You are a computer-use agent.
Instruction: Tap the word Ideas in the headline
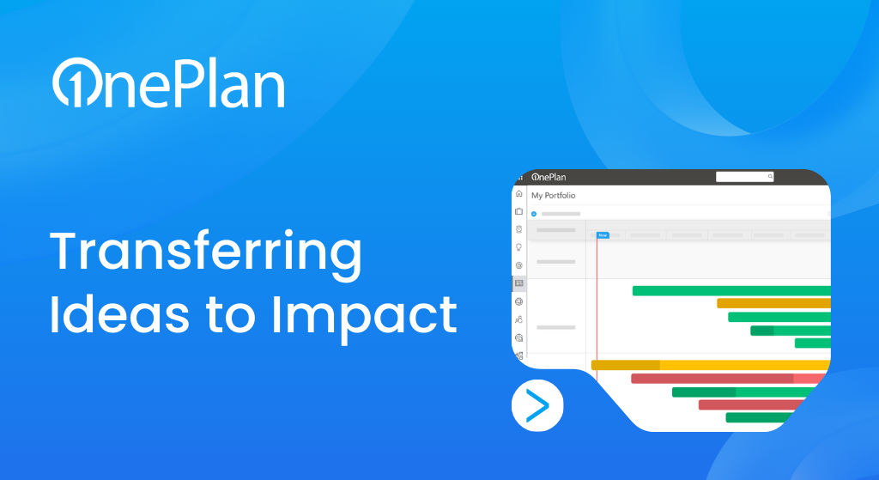pyautogui.click(x=120, y=314)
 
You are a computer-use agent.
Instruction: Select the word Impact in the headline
pyautogui.click(x=364, y=318)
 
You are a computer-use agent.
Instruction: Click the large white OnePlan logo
pyautogui.click(x=169, y=82)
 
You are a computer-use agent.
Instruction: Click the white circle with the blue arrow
pyautogui.click(x=537, y=405)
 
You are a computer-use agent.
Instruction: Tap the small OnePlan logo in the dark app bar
pyautogui.click(x=549, y=177)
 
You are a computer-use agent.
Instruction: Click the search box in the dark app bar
pyautogui.click(x=744, y=177)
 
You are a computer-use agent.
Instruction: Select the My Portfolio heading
pyautogui.click(x=554, y=195)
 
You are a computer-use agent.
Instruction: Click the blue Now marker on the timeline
pyautogui.click(x=603, y=235)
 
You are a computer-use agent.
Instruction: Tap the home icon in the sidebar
pyautogui.click(x=519, y=193)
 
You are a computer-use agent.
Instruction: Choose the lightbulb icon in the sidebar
pyautogui.click(x=519, y=247)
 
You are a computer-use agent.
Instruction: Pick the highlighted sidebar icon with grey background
pyautogui.click(x=519, y=283)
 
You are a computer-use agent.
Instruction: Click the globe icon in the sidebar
pyautogui.click(x=519, y=301)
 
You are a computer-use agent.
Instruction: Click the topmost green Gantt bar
pyautogui.click(x=731, y=290)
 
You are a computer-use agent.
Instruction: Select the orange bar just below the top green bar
pyautogui.click(x=773, y=303)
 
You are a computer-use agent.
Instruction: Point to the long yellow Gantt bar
pyautogui.click(x=711, y=365)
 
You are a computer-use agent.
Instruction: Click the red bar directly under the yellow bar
pyautogui.click(x=728, y=379)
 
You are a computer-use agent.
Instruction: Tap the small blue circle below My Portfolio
pyautogui.click(x=534, y=214)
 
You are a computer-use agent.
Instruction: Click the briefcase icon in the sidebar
pyautogui.click(x=519, y=211)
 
